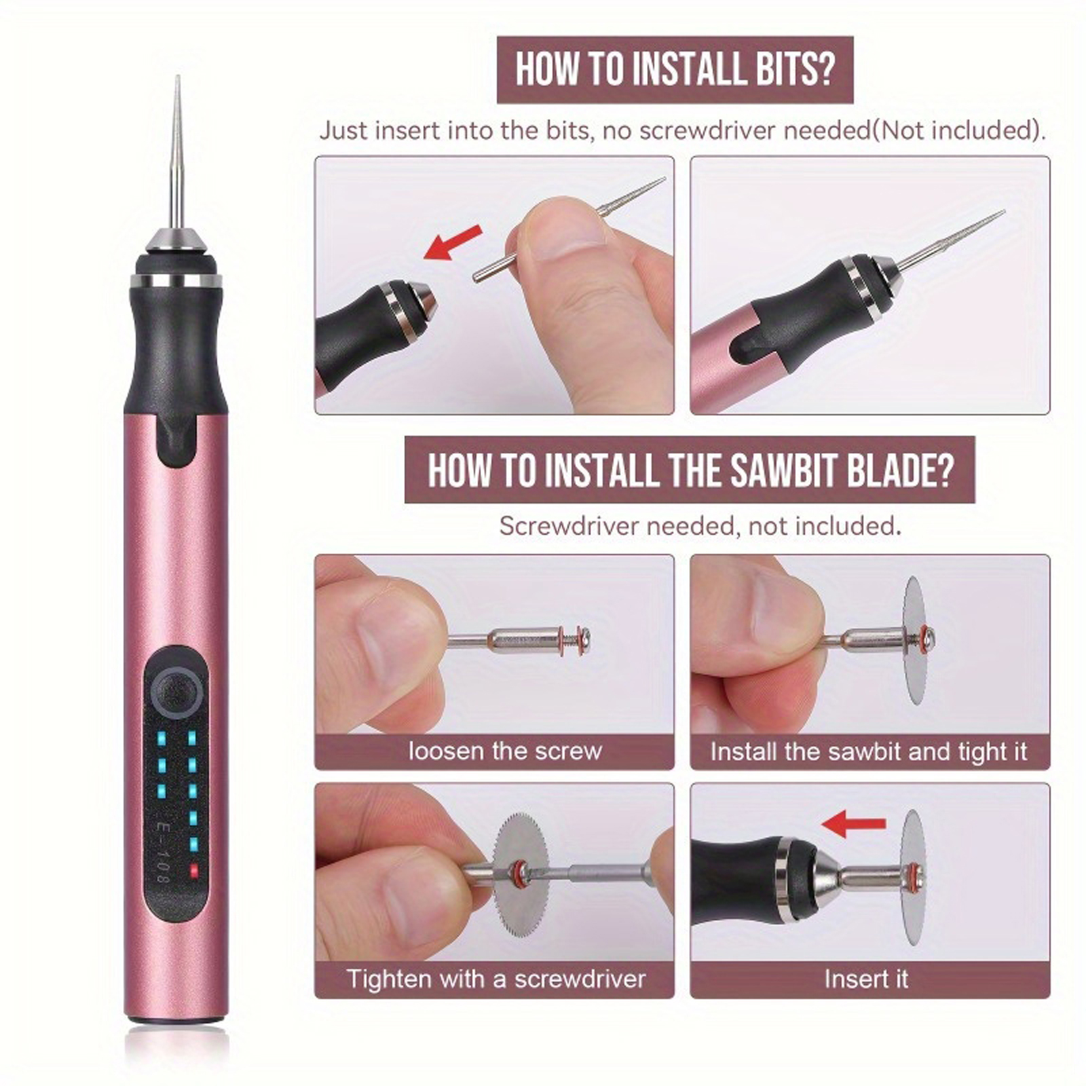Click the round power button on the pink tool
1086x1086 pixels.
(176, 691)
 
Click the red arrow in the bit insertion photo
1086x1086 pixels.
(453, 242)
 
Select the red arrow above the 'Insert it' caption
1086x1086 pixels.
(853, 823)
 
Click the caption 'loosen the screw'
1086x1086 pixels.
(505, 751)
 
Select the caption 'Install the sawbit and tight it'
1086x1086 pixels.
(869, 751)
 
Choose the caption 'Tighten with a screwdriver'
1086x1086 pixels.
(495, 979)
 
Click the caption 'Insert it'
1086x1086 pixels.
(866, 979)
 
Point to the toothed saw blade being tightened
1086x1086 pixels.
(521, 876)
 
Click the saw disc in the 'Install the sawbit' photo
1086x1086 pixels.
(916, 640)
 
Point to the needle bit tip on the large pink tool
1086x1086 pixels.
(178, 77)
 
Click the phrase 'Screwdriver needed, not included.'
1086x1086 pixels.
(700, 525)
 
